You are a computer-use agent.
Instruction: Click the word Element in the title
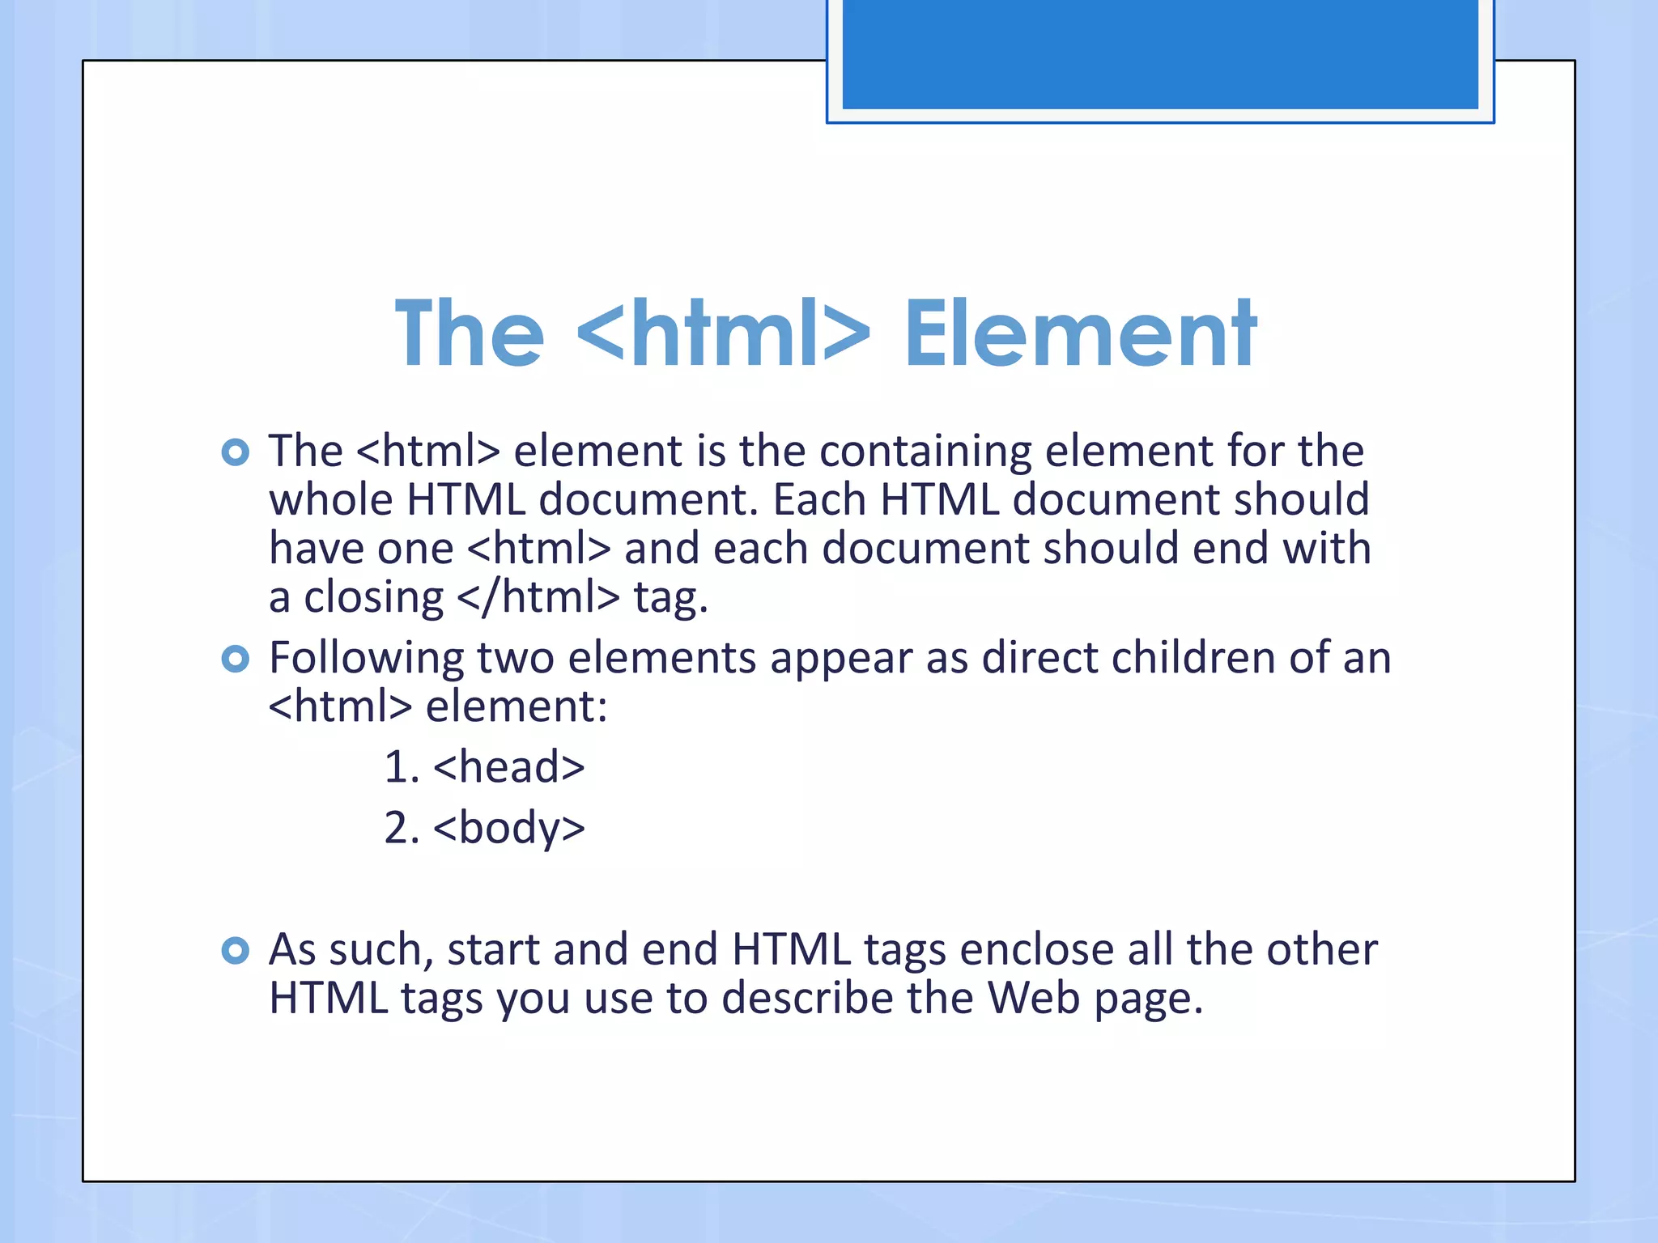coord(1081,333)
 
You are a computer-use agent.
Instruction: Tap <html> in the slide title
coord(725,333)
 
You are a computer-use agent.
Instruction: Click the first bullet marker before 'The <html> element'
coord(235,452)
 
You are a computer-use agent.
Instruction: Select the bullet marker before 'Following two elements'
coord(235,659)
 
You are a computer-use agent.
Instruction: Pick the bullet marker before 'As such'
coord(235,950)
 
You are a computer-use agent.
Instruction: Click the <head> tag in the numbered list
coord(508,766)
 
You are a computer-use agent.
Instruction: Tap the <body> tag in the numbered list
coord(508,829)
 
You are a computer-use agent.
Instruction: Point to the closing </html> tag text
coord(538,597)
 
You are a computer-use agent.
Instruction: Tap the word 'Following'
coord(365,659)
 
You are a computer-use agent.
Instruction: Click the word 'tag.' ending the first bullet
coord(670,599)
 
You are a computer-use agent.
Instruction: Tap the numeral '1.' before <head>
coord(402,767)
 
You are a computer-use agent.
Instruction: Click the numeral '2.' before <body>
coord(402,829)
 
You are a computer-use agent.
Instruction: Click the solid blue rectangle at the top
coord(1159,53)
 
